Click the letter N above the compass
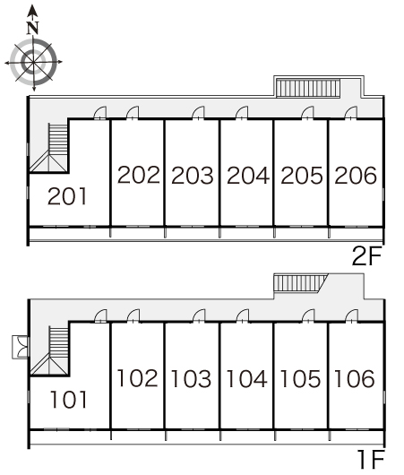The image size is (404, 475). point(33,28)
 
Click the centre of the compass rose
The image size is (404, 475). point(33,62)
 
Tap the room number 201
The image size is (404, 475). point(67,196)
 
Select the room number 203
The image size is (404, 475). point(193,176)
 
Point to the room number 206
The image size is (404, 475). point(356,175)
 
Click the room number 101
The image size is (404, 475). point(69,399)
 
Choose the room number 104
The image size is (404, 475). point(247,378)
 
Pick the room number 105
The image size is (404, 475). point(300,378)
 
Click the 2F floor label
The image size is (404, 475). point(367,256)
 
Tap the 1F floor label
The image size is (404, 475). point(371,459)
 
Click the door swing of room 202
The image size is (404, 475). point(133,112)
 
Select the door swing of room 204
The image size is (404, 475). point(242,112)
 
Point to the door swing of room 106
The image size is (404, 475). point(352,315)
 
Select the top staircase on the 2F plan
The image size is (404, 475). point(308,88)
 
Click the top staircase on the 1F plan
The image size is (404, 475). point(301,282)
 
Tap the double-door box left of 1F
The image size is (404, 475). point(21,347)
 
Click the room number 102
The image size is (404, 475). point(137,378)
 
